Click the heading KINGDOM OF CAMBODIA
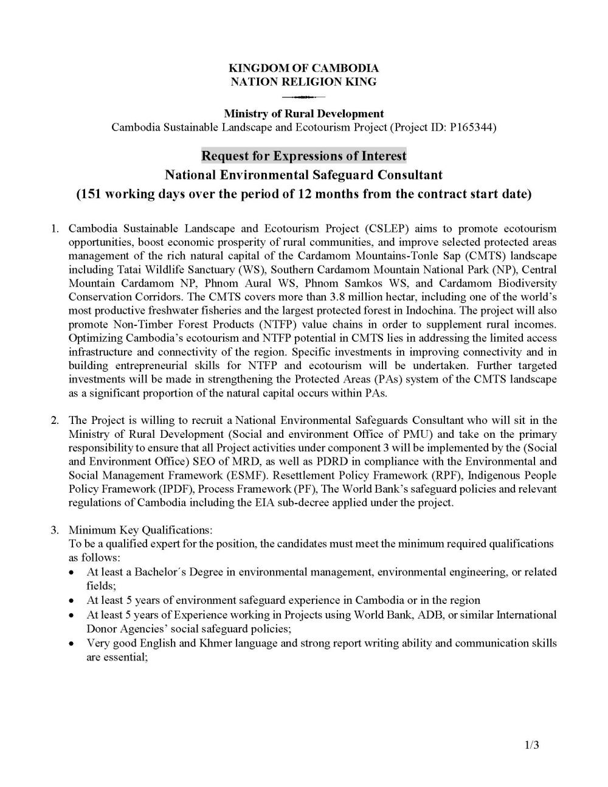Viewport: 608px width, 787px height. (x=303, y=68)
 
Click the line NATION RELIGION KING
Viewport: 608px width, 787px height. (x=303, y=81)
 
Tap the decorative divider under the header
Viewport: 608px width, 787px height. (x=303, y=97)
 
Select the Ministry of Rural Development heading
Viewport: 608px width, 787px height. (x=303, y=114)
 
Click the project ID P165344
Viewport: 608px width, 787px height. (x=472, y=128)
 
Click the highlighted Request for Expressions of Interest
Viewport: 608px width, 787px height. (x=303, y=156)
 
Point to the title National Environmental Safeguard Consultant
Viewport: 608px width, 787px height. (x=303, y=175)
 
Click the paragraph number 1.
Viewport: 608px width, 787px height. (x=54, y=229)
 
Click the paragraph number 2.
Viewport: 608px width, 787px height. (x=54, y=420)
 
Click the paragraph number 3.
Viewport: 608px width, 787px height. (x=54, y=530)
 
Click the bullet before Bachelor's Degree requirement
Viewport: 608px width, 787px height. (x=72, y=573)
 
